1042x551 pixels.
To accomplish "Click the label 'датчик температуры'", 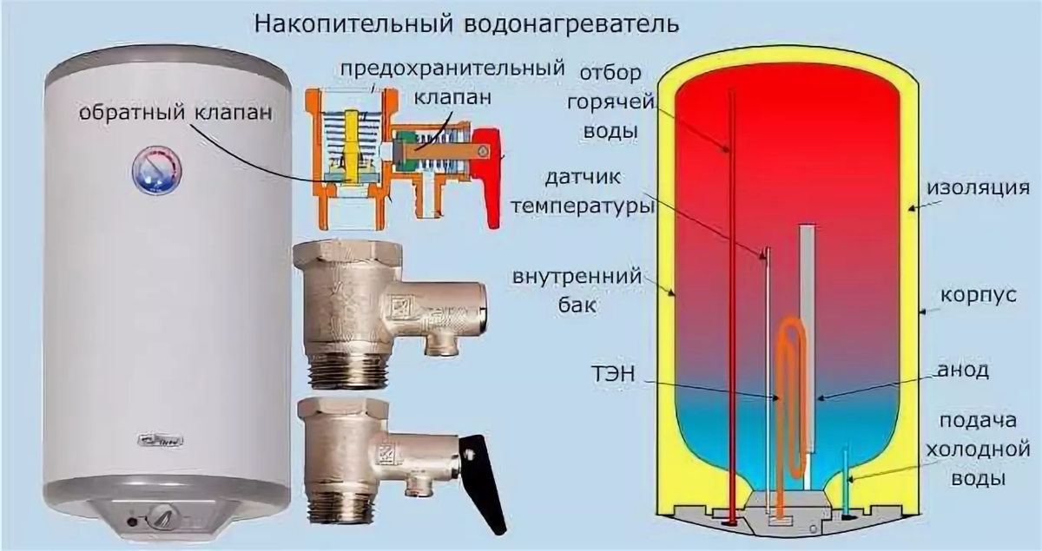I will pyautogui.click(x=583, y=194).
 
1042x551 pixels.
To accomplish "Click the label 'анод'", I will pyautogui.click(x=966, y=371).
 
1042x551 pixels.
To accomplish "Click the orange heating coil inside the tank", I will pyautogui.click(x=790, y=382).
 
